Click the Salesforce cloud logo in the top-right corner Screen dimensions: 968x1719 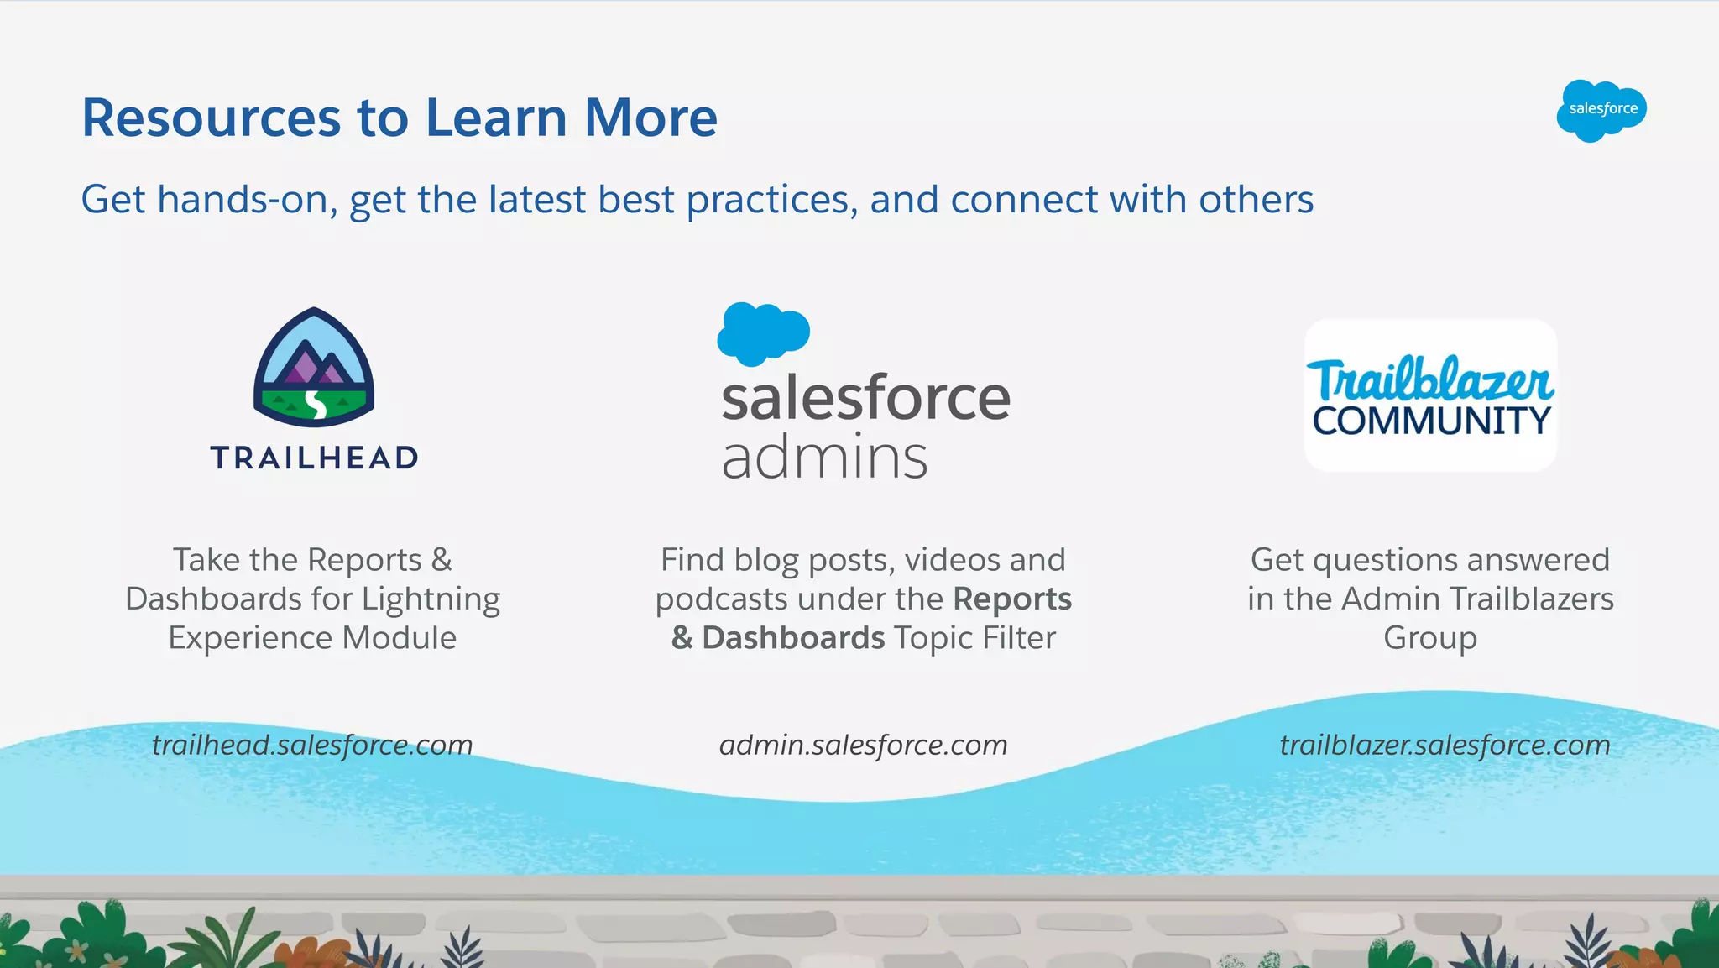point(1601,110)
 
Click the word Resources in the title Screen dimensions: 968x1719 point(211,118)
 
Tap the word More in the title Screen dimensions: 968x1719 point(651,118)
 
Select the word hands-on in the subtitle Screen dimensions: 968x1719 point(247,201)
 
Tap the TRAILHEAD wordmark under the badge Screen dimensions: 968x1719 point(314,458)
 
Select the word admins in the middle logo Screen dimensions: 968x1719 point(824,458)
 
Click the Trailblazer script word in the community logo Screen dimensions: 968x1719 point(1430,380)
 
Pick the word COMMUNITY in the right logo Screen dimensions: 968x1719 point(1431,421)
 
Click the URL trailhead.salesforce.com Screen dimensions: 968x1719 point(312,745)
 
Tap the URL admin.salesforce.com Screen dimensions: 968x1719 point(863,745)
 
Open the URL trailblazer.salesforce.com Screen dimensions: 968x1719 point(1444,745)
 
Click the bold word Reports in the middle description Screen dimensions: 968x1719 point(1012,599)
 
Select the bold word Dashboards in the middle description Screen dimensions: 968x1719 point(793,638)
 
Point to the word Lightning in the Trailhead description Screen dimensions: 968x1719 point(431,599)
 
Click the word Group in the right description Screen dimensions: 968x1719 point(1429,638)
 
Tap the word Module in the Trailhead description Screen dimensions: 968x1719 point(400,638)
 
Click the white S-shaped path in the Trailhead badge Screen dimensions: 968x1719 point(316,404)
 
